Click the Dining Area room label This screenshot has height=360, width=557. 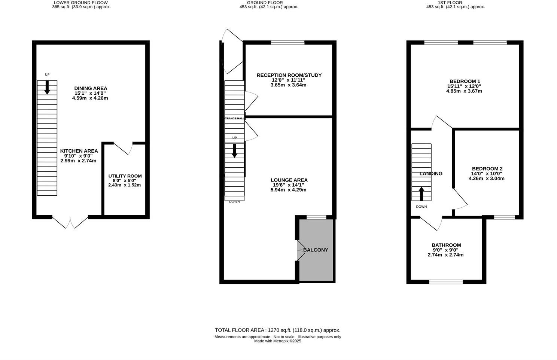click(x=91, y=88)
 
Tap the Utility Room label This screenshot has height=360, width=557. click(x=125, y=176)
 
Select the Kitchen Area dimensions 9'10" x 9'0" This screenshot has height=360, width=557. click(x=78, y=156)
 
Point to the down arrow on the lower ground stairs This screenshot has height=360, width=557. click(x=47, y=88)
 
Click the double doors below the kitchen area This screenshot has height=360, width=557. click(x=70, y=222)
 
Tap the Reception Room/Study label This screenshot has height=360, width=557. click(x=289, y=75)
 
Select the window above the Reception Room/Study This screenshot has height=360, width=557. click(x=287, y=42)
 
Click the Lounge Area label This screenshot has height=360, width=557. click(x=289, y=180)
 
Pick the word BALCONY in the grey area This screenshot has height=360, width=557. click(x=316, y=250)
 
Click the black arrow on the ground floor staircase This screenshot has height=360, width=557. click(x=234, y=150)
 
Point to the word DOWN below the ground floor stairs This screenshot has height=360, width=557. click(x=234, y=202)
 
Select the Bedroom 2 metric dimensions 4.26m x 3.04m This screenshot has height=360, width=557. click(x=486, y=179)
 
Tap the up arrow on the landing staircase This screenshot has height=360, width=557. click(x=421, y=193)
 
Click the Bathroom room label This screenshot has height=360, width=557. click(x=446, y=245)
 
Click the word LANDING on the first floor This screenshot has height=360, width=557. click(x=431, y=174)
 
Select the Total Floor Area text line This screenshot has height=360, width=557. click(x=277, y=330)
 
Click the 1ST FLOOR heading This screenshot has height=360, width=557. click(x=455, y=3)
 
